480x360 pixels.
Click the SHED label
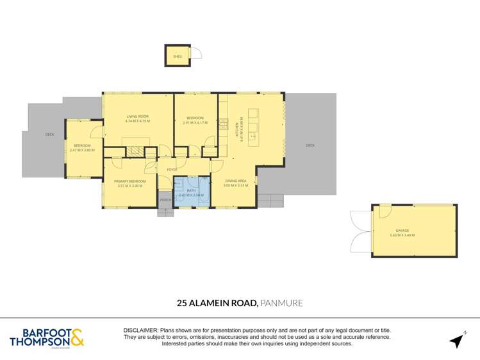[178, 57]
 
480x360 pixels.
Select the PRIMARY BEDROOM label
[130, 181]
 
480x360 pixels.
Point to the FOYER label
[172, 169]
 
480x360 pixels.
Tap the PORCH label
[165, 200]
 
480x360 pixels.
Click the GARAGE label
[402, 231]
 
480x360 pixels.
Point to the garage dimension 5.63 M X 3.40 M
[402, 236]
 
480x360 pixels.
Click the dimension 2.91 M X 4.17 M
[195, 122]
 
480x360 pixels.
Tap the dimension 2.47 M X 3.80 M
[82, 151]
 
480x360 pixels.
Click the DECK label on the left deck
[49, 135]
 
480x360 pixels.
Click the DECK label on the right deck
[310, 145]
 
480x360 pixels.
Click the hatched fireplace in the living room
[135, 151]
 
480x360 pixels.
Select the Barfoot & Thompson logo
[47, 338]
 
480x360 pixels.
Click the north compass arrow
[456, 340]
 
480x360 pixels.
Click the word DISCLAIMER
[140, 329]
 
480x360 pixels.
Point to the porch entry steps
[165, 212]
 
